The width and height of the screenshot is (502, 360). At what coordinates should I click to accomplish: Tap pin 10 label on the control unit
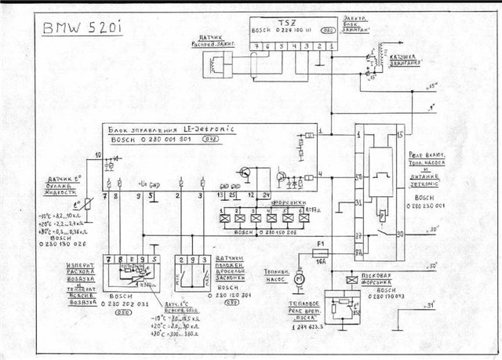click(x=99, y=158)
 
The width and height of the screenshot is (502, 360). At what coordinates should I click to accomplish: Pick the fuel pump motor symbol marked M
click(x=298, y=278)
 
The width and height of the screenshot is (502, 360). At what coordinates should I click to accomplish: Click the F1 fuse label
click(x=318, y=252)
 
